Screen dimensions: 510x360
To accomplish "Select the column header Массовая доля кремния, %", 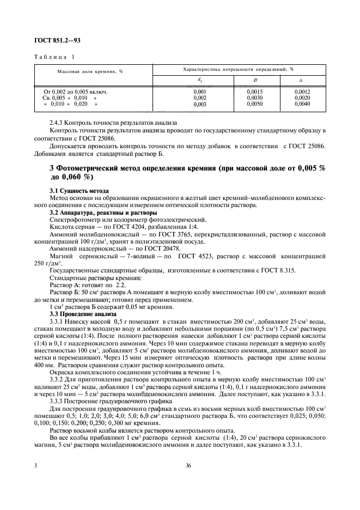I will (x=90, y=71).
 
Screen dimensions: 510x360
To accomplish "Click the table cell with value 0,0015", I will (x=255, y=92).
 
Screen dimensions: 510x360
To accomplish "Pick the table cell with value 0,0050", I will (x=255, y=104).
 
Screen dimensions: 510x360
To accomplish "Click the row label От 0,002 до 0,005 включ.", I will (x=75, y=92).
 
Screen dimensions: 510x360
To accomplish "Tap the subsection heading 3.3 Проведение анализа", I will (x=82, y=314).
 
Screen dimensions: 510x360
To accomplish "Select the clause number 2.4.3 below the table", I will (x=58, y=123).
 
